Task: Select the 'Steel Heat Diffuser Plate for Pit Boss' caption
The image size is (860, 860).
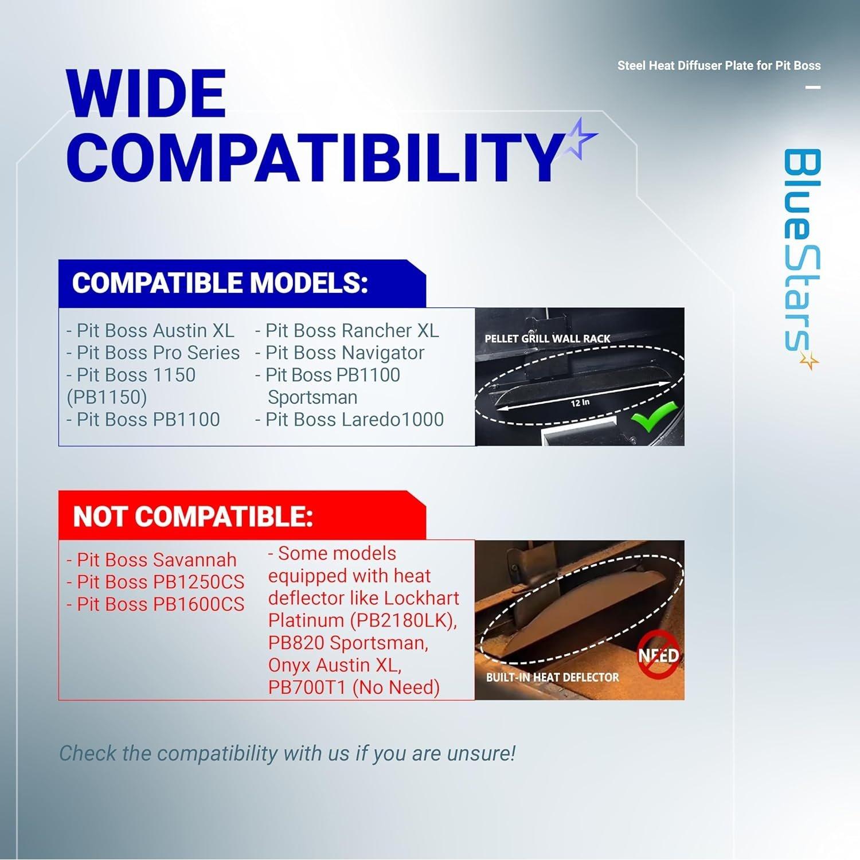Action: click(719, 66)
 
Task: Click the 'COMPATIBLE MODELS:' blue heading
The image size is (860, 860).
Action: click(220, 283)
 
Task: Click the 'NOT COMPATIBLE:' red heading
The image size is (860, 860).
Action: click(193, 517)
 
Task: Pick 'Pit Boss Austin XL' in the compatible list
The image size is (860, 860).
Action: click(150, 331)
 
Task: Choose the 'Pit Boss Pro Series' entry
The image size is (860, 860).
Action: click(153, 353)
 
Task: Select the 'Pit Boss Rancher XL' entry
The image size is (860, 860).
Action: click(347, 331)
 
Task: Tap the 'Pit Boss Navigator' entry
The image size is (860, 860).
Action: click(339, 353)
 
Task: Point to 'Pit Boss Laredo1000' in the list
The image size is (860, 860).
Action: click(349, 420)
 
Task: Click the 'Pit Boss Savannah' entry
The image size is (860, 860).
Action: click(151, 560)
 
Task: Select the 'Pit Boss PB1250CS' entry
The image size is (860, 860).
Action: click(155, 582)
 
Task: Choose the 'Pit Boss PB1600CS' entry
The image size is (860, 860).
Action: click(155, 604)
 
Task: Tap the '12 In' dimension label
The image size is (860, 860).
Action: click(580, 402)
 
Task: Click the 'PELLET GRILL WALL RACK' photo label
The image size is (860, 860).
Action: click(548, 339)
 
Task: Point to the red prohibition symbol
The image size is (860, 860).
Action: click(659, 654)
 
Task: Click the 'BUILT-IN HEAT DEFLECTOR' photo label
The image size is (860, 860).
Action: click(553, 677)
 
